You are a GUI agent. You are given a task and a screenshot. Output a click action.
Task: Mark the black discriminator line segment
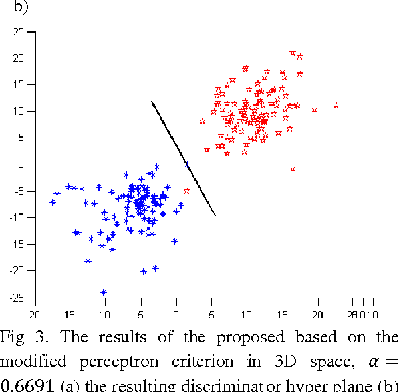184,158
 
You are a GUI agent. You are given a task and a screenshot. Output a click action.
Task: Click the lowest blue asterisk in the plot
104,292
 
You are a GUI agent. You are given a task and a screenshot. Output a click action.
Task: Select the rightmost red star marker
336,105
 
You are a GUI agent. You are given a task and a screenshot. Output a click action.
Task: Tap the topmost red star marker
293,52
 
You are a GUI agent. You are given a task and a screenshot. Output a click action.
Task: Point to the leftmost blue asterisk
52,202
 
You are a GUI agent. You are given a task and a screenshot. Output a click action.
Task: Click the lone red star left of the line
186,191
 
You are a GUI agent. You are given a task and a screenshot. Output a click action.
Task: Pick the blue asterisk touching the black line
187,165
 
